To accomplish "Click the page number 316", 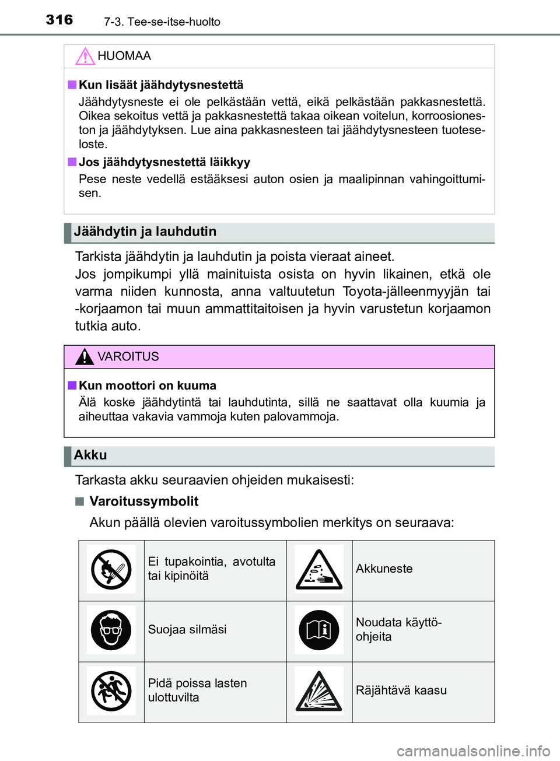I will pyautogui.click(x=60, y=20).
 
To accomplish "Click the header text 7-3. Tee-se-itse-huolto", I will pyautogui.click(x=162, y=22).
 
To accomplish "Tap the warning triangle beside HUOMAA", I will pyautogui.click(x=85, y=56).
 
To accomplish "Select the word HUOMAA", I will pyautogui.click(x=124, y=56).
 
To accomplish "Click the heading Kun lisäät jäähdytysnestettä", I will pyautogui.click(x=161, y=85).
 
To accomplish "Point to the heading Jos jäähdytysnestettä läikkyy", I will pyautogui.click(x=164, y=162).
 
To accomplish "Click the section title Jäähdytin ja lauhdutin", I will pyautogui.click(x=145, y=232).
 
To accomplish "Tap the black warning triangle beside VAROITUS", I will pyautogui.click(x=85, y=356).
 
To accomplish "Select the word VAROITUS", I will pyautogui.click(x=128, y=356).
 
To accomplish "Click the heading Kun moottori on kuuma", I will pyautogui.click(x=148, y=385).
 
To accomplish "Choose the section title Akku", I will pyautogui.click(x=90, y=455).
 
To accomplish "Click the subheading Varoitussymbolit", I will pyautogui.click(x=143, y=501).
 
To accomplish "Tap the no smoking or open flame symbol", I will pyautogui.click(x=111, y=569).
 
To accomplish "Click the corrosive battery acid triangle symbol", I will pyautogui.click(x=318, y=569).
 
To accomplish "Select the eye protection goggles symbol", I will pyautogui.click(x=111, y=630).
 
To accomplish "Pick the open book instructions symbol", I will pyautogui.click(x=318, y=630).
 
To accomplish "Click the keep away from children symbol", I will pyautogui.click(x=111, y=690).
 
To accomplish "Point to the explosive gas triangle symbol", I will pyautogui.click(x=318, y=690).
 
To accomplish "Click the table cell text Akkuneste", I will pyautogui.click(x=384, y=569).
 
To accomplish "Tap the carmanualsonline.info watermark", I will pyautogui.click(x=473, y=751).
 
